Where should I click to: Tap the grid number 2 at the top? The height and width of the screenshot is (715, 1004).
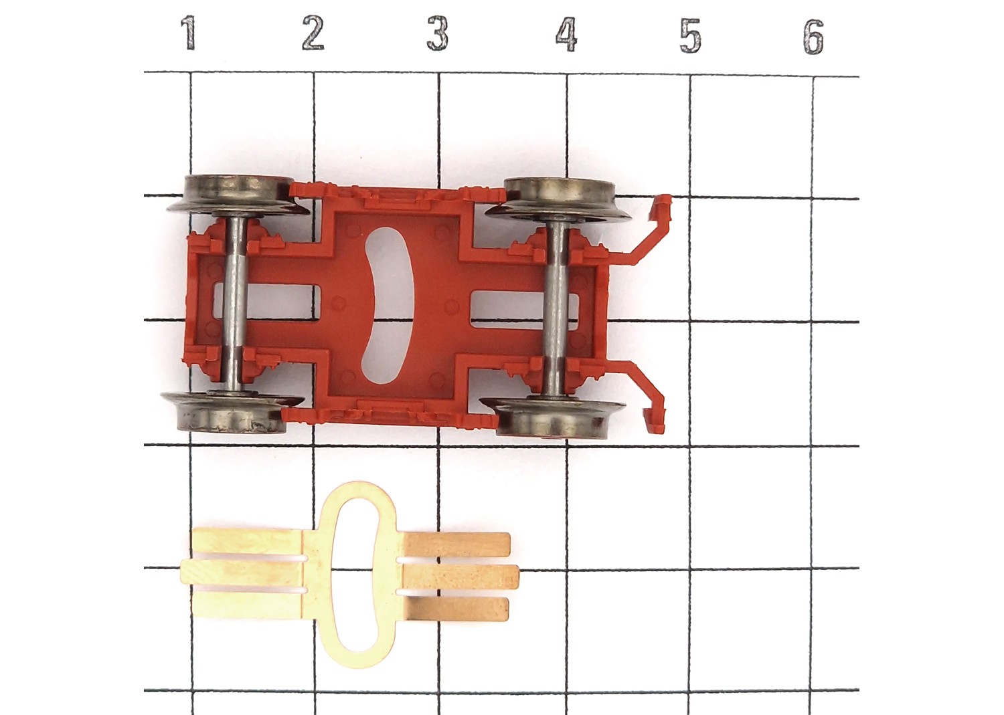tap(313, 33)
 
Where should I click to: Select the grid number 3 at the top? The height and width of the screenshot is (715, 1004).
tap(438, 33)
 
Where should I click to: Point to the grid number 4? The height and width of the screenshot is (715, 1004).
tap(566, 35)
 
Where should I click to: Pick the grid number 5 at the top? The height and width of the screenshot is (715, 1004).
tap(690, 36)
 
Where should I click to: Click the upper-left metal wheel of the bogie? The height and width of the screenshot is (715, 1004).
tap(238, 196)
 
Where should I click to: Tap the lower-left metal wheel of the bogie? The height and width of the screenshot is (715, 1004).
tap(232, 412)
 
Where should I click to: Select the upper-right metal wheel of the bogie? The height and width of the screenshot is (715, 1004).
tap(558, 199)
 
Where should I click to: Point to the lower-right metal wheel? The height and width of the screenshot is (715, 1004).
tap(553, 417)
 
